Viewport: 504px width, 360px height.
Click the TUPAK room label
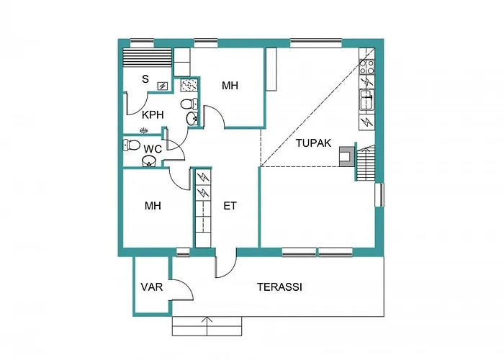point(313,143)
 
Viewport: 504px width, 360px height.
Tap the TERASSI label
point(279,287)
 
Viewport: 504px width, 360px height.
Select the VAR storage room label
point(152,287)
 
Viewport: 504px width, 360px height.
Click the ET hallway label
point(230,206)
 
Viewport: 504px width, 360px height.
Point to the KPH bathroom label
point(153,114)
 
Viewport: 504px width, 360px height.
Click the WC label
point(153,149)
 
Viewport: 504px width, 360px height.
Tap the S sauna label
point(145,78)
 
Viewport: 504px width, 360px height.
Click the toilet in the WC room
point(131,145)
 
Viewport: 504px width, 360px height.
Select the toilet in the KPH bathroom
point(189,104)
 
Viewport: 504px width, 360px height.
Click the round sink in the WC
point(149,161)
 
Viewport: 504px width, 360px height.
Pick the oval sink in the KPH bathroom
point(192,119)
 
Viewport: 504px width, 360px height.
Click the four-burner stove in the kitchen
point(367,67)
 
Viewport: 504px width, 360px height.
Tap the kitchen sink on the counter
point(366,100)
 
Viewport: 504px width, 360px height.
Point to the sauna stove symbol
point(163,86)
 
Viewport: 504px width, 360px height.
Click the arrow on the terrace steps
point(207,326)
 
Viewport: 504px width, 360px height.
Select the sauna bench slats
point(147,58)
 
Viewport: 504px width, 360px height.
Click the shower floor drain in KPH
point(144,130)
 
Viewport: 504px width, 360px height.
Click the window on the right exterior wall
point(379,195)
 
